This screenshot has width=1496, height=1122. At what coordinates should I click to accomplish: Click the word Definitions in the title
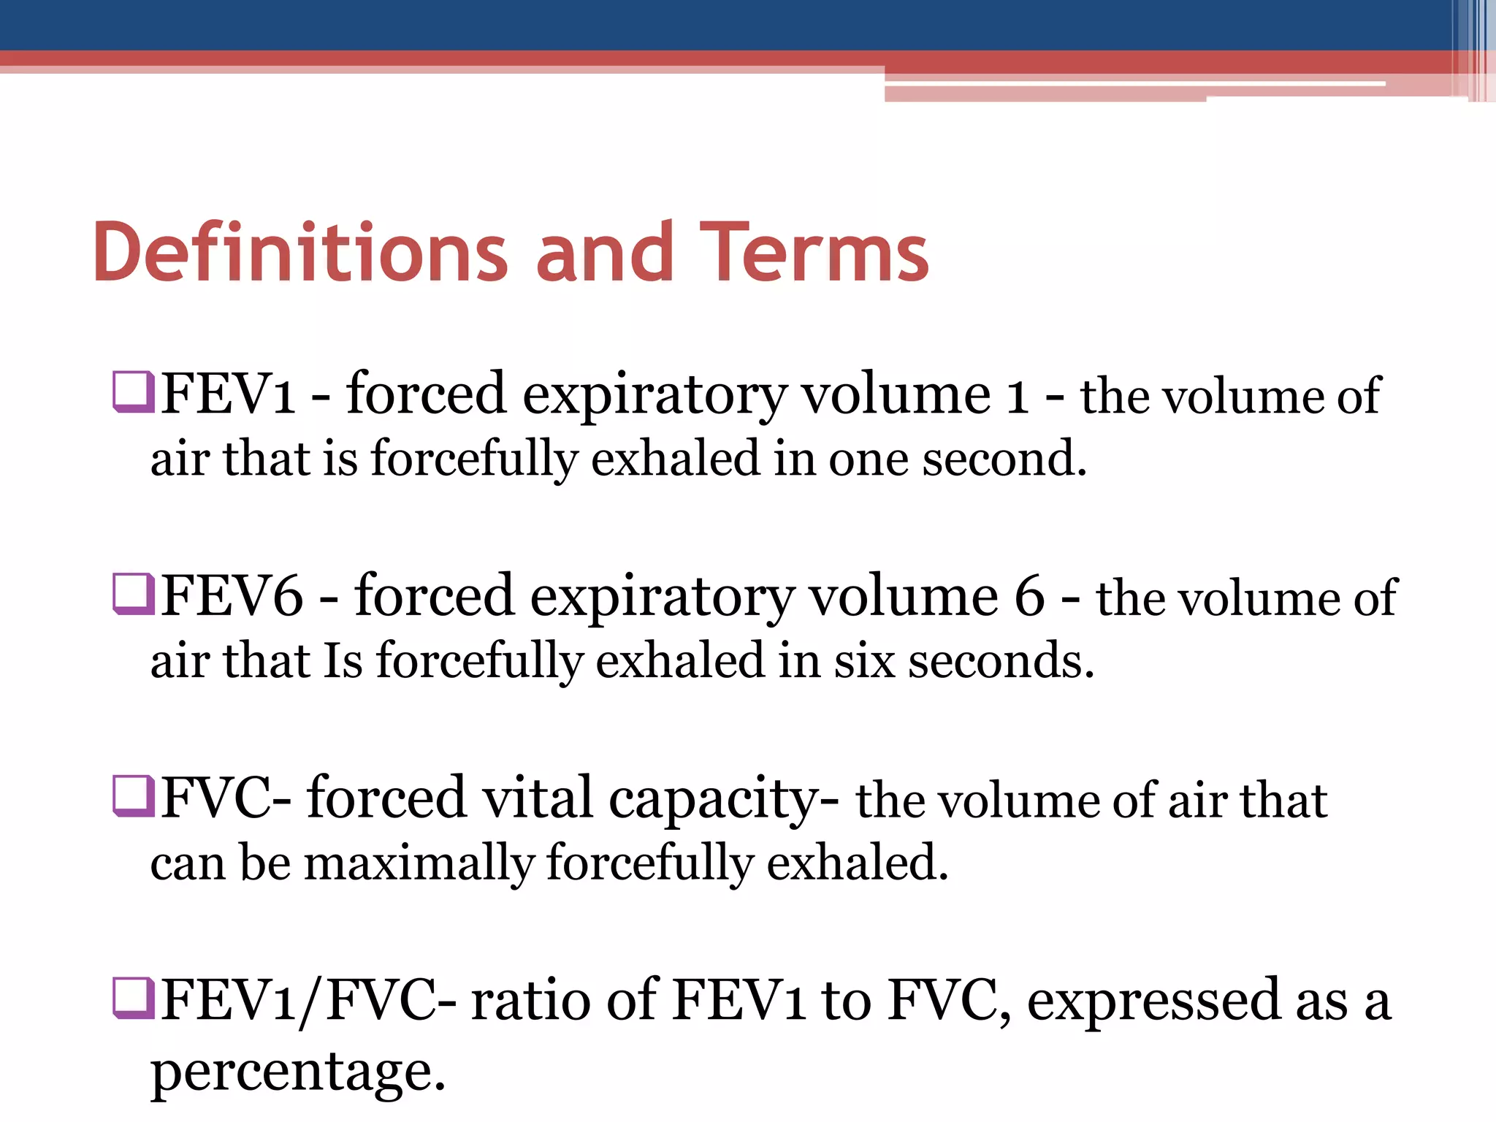(x=299, y=252)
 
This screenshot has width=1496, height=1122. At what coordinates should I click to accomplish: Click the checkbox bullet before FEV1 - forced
(x=133, y=392)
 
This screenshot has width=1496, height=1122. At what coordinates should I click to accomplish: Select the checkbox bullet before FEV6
(x=133, y=594)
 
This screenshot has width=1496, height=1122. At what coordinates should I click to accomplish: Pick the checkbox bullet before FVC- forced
(x=133, y=796)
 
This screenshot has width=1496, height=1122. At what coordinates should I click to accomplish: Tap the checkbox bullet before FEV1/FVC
(x=133, y=998)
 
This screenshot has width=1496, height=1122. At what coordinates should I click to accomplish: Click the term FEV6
(x=232, y=596)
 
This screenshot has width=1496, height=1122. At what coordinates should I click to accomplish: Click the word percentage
(x=297, y=1072)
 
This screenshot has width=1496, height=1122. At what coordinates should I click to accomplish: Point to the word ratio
(x=530, y=1000)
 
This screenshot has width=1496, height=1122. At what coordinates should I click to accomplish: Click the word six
(x=865, y=660)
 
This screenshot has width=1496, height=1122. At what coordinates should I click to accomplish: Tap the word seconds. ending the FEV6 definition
(x=1001, y=660)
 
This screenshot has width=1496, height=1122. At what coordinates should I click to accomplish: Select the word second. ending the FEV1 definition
(x=1004, y=459)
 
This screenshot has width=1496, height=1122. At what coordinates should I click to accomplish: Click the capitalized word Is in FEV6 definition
(x=343, y=660)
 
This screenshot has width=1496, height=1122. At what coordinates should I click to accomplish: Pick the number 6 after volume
(x=1029, y=596)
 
